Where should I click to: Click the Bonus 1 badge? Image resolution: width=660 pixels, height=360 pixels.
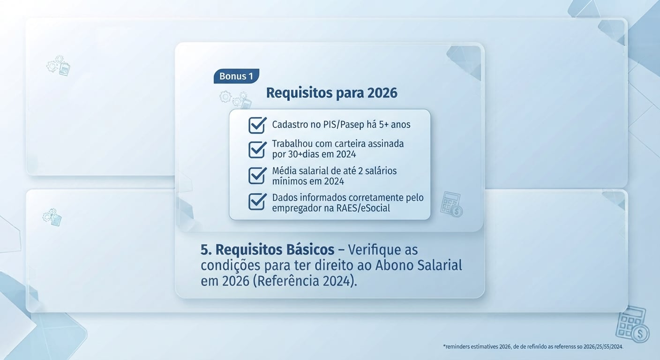(x=236, y=76)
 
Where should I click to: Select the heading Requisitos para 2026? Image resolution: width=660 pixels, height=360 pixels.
(x=332, y=93)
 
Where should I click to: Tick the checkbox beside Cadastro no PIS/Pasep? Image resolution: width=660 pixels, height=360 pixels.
(x=257, y=125)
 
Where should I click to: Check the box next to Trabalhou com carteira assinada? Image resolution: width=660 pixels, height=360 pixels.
(x=257, y=150)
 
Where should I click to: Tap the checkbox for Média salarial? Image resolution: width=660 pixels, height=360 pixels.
(x=257, y=176)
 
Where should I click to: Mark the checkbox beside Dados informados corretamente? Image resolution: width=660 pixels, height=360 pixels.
(x=257, y=202)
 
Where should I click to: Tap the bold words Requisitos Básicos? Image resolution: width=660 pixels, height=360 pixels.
(x=275, y=250)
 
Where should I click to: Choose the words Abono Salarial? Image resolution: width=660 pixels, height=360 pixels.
(x=419, y=265)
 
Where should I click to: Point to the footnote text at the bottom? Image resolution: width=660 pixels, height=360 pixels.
(x=533, y=347)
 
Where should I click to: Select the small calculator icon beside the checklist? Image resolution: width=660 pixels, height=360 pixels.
(x=451, y=204)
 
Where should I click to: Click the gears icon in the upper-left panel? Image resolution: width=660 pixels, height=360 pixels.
(x=58, y=66)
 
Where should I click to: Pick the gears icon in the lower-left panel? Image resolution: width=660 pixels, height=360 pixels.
(x=52, y=217)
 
